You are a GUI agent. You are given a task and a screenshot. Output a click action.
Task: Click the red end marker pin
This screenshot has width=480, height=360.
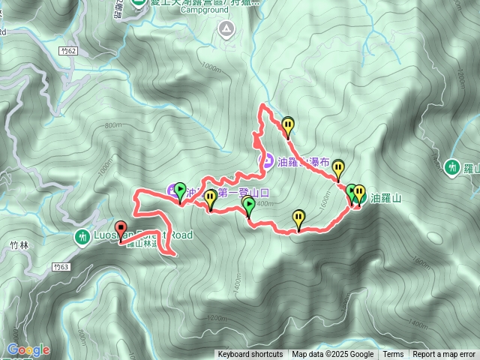pos(121,227)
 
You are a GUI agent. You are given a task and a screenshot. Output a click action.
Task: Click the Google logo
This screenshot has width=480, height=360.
pos(28,349)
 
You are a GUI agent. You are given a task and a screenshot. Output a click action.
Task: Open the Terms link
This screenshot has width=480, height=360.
pos(393,355)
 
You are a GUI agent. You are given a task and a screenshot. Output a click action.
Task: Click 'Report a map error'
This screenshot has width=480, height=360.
pos(444,355)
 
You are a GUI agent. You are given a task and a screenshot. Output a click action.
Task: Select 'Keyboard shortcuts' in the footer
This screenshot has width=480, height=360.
pos(250,355)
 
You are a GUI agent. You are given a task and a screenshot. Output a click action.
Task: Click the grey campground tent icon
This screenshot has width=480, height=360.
pos(226,28)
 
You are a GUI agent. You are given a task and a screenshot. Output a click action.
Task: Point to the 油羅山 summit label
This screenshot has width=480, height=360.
pos(386,199)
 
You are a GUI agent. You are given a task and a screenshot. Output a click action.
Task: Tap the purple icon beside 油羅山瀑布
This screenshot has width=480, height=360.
pos(266,160)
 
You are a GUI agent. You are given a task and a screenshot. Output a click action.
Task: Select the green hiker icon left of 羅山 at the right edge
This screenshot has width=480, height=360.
pos(452,167)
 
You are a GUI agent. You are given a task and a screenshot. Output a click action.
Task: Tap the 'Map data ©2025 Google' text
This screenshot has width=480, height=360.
pos(332,355)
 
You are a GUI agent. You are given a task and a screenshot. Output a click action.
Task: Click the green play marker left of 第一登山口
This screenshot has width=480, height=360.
pos(180,189)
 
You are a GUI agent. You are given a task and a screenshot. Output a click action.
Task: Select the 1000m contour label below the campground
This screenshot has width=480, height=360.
pos(212,68)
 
